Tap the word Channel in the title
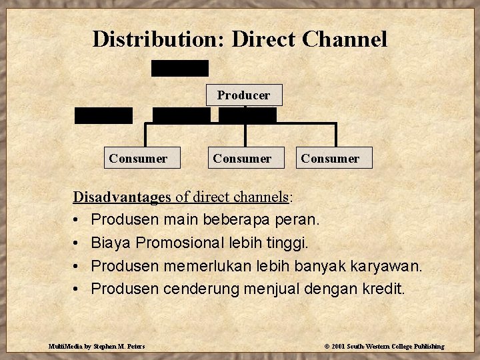coord(344,39)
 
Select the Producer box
coord(244,95)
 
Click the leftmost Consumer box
coord(138,158)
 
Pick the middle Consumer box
coord(242,158)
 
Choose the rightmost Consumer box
coord(330,158)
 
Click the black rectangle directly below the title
coord(180,68)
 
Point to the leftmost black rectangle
coord(103,115)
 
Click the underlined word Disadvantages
coord(123,197)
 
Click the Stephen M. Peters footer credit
coord(97,346)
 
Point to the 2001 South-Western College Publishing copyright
coord(384,346)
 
